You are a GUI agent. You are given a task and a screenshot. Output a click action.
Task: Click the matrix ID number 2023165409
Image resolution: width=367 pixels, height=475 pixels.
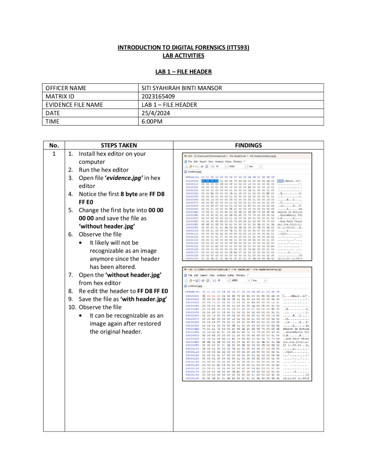(x=158, y=96)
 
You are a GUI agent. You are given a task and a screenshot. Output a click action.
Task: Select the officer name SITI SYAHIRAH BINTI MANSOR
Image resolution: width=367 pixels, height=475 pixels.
(x=181, y=88)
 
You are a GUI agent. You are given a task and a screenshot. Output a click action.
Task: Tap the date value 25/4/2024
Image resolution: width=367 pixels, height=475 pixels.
(x=155, y=113)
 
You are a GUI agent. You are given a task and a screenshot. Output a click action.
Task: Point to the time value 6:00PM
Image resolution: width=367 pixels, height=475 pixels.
(x=152, y=121)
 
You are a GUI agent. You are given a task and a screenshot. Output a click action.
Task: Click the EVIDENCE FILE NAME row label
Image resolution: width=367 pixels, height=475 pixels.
(x=74, y=105)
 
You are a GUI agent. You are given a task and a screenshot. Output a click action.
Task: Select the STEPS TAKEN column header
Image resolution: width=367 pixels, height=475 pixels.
(x=119, y=145)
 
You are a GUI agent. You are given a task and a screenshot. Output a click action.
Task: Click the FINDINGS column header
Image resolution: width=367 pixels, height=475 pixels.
(x=248, y=145)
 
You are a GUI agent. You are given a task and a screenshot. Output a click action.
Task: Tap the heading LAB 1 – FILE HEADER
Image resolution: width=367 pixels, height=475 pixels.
(x=183, y=72)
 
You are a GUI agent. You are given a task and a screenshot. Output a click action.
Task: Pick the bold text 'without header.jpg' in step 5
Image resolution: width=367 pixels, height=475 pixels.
(x=107, y=226)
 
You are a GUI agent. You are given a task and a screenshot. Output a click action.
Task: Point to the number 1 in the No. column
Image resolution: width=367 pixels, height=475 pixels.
(x=54, y=154)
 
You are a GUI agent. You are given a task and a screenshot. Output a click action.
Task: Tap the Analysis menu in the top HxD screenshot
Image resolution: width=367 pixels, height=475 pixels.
(x=219, y=161)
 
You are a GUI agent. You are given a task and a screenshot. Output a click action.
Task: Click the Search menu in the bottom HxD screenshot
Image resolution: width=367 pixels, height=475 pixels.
(x=204, y=275)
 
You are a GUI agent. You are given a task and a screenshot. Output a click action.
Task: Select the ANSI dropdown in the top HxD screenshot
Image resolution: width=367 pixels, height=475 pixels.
(x=238, y=166)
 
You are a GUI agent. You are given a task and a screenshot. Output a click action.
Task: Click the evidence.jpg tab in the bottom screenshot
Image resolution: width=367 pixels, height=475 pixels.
(x=195, y=286)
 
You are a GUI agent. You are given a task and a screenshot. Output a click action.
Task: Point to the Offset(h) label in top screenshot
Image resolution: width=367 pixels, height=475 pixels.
(x=192, y=177)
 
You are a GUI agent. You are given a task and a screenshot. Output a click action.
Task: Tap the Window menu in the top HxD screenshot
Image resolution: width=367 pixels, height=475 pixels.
(x=237, y=161)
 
